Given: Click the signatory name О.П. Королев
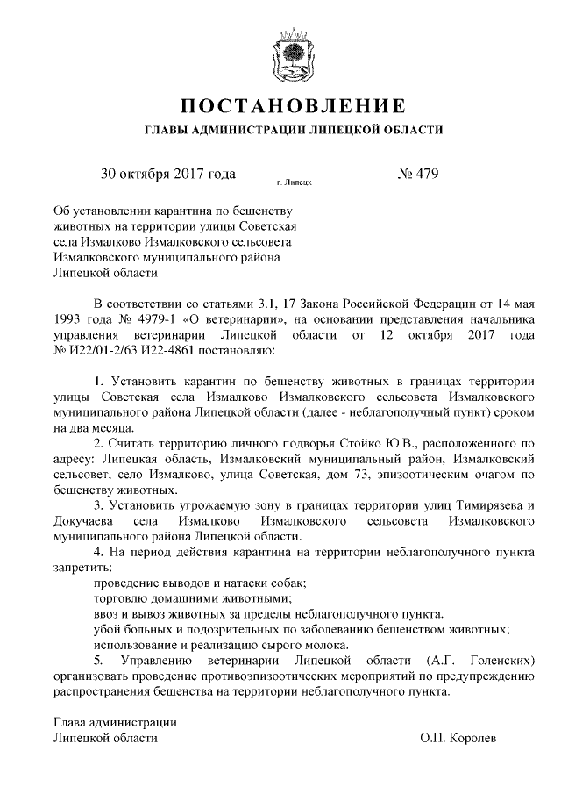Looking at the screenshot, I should pyautogui.click(x=458, y=738).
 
